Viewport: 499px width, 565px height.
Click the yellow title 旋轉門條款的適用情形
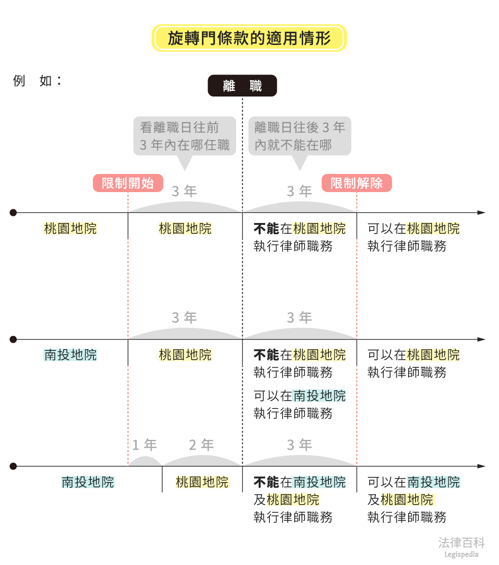click(x=249, y=38)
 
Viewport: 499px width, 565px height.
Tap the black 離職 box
click(x=242, y=86)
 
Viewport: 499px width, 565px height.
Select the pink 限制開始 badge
click(x=128, y=183)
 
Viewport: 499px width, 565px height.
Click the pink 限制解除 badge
click(x=356, y=183)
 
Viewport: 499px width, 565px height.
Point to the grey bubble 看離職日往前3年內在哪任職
click(x=185, y=136)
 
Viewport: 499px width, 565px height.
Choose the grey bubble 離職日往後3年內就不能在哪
click(x=299, y=136)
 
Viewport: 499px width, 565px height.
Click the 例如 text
click(x=37, y=81)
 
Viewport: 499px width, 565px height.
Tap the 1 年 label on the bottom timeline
click(x=144, y=445)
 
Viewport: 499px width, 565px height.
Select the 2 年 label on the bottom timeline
click(x=201, y=445)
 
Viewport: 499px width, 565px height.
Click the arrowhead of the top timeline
click(x=481, y=213)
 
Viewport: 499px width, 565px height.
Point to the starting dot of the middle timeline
click(x=13, y=339)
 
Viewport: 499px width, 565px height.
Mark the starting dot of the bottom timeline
click(x=13, y=466)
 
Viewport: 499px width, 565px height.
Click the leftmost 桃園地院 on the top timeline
click(x=70, y=229)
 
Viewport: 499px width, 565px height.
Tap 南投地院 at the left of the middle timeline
click(x=70, y=355)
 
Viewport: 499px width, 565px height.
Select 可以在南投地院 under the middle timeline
click(x=299, y=396)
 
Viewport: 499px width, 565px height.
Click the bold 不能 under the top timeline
click(x=266, y=229)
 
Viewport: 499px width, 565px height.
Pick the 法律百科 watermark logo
click(x=461, y=543)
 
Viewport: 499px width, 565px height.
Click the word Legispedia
click(x=461, y=555)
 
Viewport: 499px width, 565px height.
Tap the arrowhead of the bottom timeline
click(x=481, y=466)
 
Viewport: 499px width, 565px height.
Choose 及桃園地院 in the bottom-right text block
click(x=401, y=500)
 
